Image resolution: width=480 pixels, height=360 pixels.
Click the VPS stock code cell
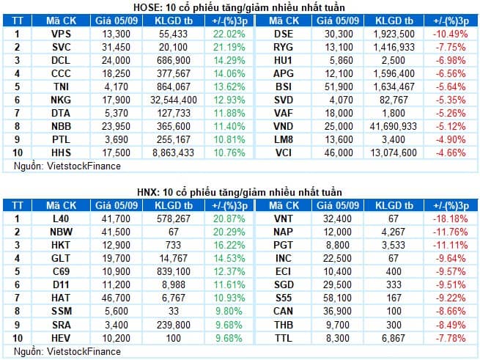tap(61, 34)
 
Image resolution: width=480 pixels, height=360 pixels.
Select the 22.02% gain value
tap(229, 34)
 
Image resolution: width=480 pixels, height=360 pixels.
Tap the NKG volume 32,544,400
tap(173, 100)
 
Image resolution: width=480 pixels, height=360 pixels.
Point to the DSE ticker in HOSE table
tap(284, 34)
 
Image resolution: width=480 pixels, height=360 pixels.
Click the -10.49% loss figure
tap(450, 34)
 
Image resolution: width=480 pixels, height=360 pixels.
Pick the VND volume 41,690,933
tap(394, 126)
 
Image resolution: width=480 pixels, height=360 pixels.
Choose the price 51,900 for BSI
tap(339, 87)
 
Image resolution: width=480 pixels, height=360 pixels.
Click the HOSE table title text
tap(239, 7)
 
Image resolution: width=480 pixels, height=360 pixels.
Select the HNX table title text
tap(240, 192)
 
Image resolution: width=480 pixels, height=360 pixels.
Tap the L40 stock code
tap(61, 218)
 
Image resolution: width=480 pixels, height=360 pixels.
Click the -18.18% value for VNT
tap(450, 218)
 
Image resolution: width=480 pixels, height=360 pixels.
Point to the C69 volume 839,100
tap(173, 271)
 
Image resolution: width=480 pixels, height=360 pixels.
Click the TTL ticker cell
tap(284, 338)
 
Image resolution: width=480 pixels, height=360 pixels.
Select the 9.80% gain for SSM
tap(229, 312)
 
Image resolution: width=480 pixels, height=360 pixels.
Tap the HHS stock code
tap(61, 153)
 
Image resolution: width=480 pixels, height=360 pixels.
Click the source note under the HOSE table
tap(67, 166)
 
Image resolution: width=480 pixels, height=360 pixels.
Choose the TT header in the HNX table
tap(18, 205)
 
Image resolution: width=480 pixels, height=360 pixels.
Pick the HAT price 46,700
tap(116, 298)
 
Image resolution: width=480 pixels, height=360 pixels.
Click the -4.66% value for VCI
tap(450, 153)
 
